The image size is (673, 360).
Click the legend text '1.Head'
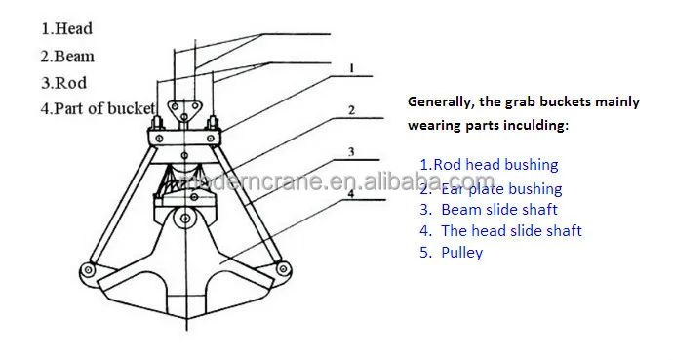pos(66,29)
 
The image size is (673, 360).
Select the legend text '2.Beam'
pos(67,56)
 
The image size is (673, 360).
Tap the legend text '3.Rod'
pos(64,82)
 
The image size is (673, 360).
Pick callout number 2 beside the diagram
pos(351,110)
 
